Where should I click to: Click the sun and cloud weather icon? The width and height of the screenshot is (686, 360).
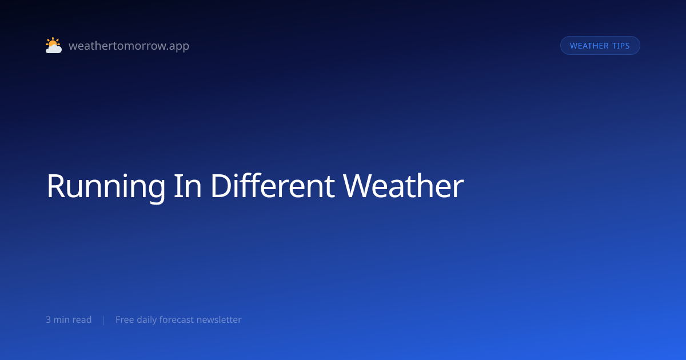pos(54,45)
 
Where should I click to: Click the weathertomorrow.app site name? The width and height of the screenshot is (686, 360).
pos(129,46)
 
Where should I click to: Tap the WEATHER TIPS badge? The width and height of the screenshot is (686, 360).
pos(600,46)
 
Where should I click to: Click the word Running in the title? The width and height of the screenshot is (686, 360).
pos(106,187)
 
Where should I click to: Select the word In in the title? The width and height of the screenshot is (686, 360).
pos(188,186)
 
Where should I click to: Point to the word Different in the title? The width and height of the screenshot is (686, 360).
pos(273,186)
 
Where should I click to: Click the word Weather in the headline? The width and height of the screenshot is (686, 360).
pos(404,186)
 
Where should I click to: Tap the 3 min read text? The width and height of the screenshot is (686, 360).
pos(69,319)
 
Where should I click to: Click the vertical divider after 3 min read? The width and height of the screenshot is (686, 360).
pos(104,320)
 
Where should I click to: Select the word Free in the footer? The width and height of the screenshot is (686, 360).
pos(125,319)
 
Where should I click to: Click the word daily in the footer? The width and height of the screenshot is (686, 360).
pos(146,320)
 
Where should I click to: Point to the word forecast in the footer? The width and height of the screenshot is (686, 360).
pos(177,319)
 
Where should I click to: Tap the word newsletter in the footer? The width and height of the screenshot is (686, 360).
pos(219,319)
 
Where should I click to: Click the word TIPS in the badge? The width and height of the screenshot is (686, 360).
pos(621,46)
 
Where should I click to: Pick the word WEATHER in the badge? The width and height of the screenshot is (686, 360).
pos(589,46)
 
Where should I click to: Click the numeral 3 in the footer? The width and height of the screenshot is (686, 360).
pos(48,320)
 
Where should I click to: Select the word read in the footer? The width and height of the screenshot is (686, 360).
pos(82,319)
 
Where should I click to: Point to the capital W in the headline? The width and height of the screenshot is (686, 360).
pos(358,186)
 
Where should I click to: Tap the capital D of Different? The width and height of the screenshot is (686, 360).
pos(221,186)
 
